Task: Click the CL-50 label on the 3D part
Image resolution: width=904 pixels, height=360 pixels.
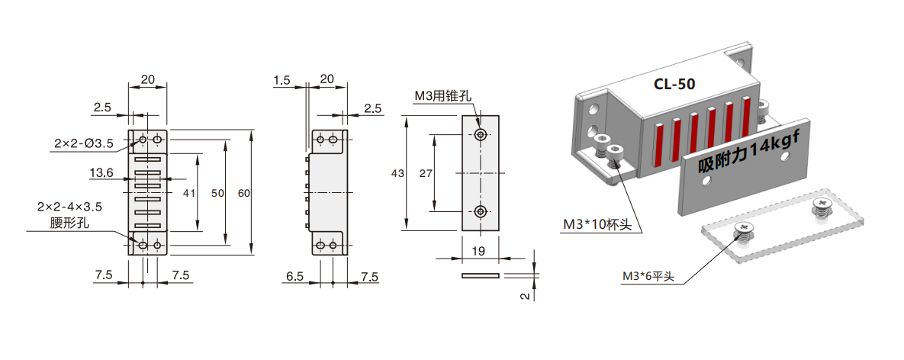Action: (x=674, y=84)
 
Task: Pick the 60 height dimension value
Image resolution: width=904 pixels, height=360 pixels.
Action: (x=244, y=194)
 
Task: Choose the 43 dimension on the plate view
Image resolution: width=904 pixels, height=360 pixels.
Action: (x=397, y=173)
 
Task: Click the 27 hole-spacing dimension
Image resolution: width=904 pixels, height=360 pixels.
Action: (x=426, y=173)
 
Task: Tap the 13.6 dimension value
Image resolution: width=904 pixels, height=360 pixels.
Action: (x=101, y=173)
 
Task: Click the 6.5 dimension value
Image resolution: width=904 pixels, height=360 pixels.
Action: (x=295, y=275)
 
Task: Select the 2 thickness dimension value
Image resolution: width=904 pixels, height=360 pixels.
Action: (x=525, y=295)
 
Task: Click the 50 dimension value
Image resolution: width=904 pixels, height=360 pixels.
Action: (x=217, y=194)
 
